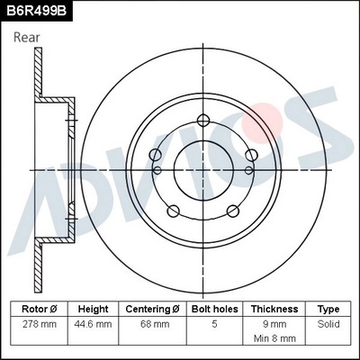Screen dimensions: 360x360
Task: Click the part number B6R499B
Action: pos(37,10)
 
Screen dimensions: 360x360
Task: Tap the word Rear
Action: pos(27,37)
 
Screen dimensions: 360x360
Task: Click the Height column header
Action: pos(94,309)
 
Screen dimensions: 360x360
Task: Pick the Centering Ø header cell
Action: pos(153,309)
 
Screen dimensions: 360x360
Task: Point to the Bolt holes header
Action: pos(213,309)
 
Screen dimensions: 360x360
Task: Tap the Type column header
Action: pos(328,309)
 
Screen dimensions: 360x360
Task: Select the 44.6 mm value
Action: pos(94,323)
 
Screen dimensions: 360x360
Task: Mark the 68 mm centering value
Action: pos(153,323)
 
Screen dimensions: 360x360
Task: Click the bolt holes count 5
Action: pos(213,323)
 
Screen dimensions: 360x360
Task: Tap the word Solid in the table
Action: pos(328,323)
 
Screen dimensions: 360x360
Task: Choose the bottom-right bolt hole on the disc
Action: pos(232,211)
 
